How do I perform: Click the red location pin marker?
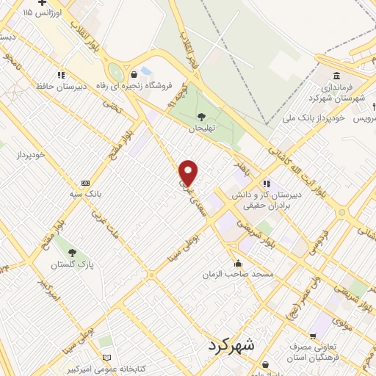(189, 172)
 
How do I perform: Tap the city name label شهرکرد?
(230, 345)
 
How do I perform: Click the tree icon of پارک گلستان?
(71, 253)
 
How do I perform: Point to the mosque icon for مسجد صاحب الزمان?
(236, 264)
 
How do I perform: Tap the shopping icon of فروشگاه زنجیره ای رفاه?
(134, 74)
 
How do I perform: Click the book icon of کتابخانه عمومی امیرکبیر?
(108, 358)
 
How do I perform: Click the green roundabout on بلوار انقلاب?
(115, 72)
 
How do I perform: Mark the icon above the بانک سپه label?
(86, 182)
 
